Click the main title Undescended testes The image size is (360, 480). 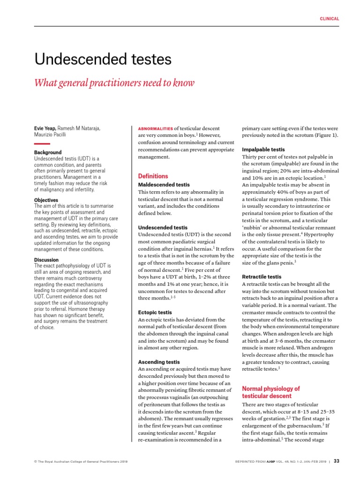click(x=103, y=60)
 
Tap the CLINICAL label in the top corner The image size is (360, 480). click(x=330, y=19)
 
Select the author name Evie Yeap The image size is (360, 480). click(x=45, y=128)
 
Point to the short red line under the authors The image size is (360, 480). click(x=42, y=143)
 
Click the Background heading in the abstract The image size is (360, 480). click(x=48, y=153)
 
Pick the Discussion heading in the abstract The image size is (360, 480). click(x=46, y=260)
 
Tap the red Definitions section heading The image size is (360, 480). click(x=153, y=176)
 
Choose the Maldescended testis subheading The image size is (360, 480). click(x=164, y=185)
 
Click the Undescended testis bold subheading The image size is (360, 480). click(x=163, y=227)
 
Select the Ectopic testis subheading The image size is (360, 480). click(x=155, y=312)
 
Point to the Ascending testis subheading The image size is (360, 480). click(x=159, y=362)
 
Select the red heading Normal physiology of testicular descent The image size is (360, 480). click(x=270, y=392)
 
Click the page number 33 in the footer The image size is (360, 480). click(x=336, y=461)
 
